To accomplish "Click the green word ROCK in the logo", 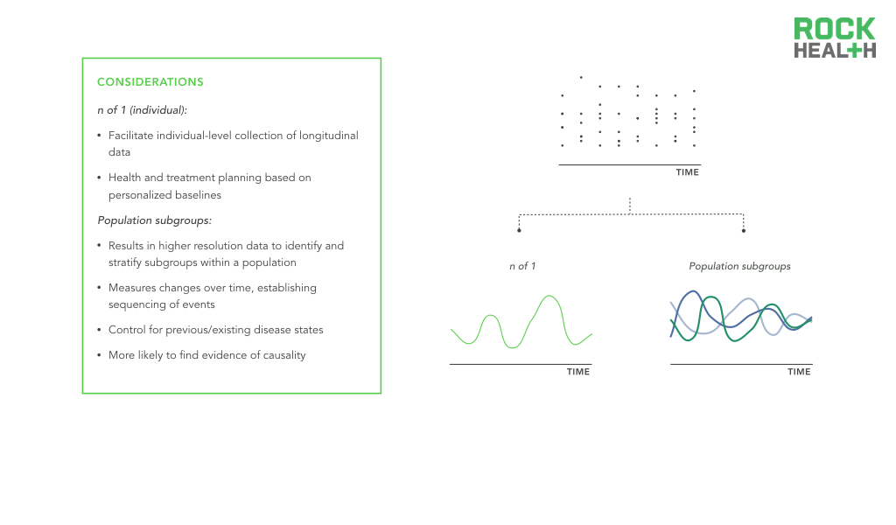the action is pos(834,29).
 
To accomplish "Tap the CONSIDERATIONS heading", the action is pos(150,81).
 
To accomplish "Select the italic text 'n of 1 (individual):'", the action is pos(143,110).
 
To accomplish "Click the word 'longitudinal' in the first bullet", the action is pos(329,136).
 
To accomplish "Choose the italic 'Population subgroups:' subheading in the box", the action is pos(154,220).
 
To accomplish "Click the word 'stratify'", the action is pos(125,262).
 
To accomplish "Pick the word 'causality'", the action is pos(284,355).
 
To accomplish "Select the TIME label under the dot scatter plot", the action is pos(688,172).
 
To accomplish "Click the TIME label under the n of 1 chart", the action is pos(578,372).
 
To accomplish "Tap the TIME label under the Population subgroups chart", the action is pos(799,372).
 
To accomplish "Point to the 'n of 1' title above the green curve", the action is pos(522,266).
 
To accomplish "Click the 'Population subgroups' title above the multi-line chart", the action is pos(739,266).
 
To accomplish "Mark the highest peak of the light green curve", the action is pos(549,296).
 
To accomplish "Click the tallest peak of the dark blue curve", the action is pos(693,292).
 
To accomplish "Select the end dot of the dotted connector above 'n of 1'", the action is pos(519,230).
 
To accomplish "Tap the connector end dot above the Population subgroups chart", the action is pos(744,231).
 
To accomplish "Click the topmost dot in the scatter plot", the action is pos(581,77).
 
